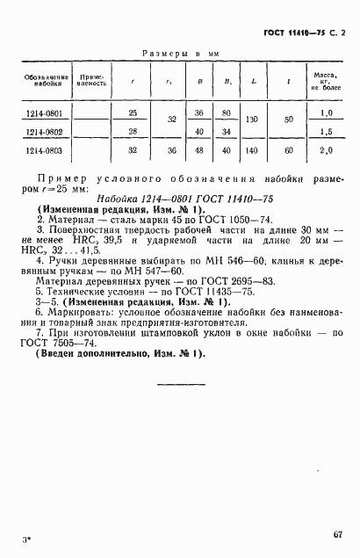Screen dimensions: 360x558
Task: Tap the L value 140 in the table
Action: point(253,150)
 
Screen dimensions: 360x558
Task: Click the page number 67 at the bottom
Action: point(337,533)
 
